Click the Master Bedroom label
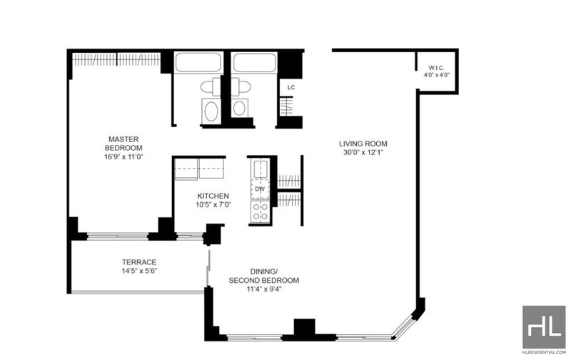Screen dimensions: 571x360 click(123, 144)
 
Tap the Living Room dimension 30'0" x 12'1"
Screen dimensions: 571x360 click(363, 152)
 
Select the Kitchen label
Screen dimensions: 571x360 click(213, 196)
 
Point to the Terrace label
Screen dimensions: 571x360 click(139, 262)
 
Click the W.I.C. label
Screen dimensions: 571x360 click(436, 68)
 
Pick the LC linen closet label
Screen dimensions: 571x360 click(291, 87)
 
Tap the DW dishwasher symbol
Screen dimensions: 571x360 click(260, 189)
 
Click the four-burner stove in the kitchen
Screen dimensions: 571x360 click(260, 211)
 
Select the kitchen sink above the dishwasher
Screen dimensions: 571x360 click(260, 169)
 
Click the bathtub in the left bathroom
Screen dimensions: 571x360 click(198, 62)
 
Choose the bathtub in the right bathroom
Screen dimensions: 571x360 click(255, 63)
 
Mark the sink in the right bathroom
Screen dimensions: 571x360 click(239, 109)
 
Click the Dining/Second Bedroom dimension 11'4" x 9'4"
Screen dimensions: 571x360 click(263, 289)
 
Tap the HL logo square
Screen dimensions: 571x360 click(544, 327)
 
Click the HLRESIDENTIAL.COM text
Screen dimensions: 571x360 click(544, 352)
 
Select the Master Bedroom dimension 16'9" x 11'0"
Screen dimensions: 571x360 click(123, 157)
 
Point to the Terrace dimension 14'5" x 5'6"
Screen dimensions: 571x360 click(139, 271)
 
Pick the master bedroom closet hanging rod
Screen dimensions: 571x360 click(116, 59)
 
